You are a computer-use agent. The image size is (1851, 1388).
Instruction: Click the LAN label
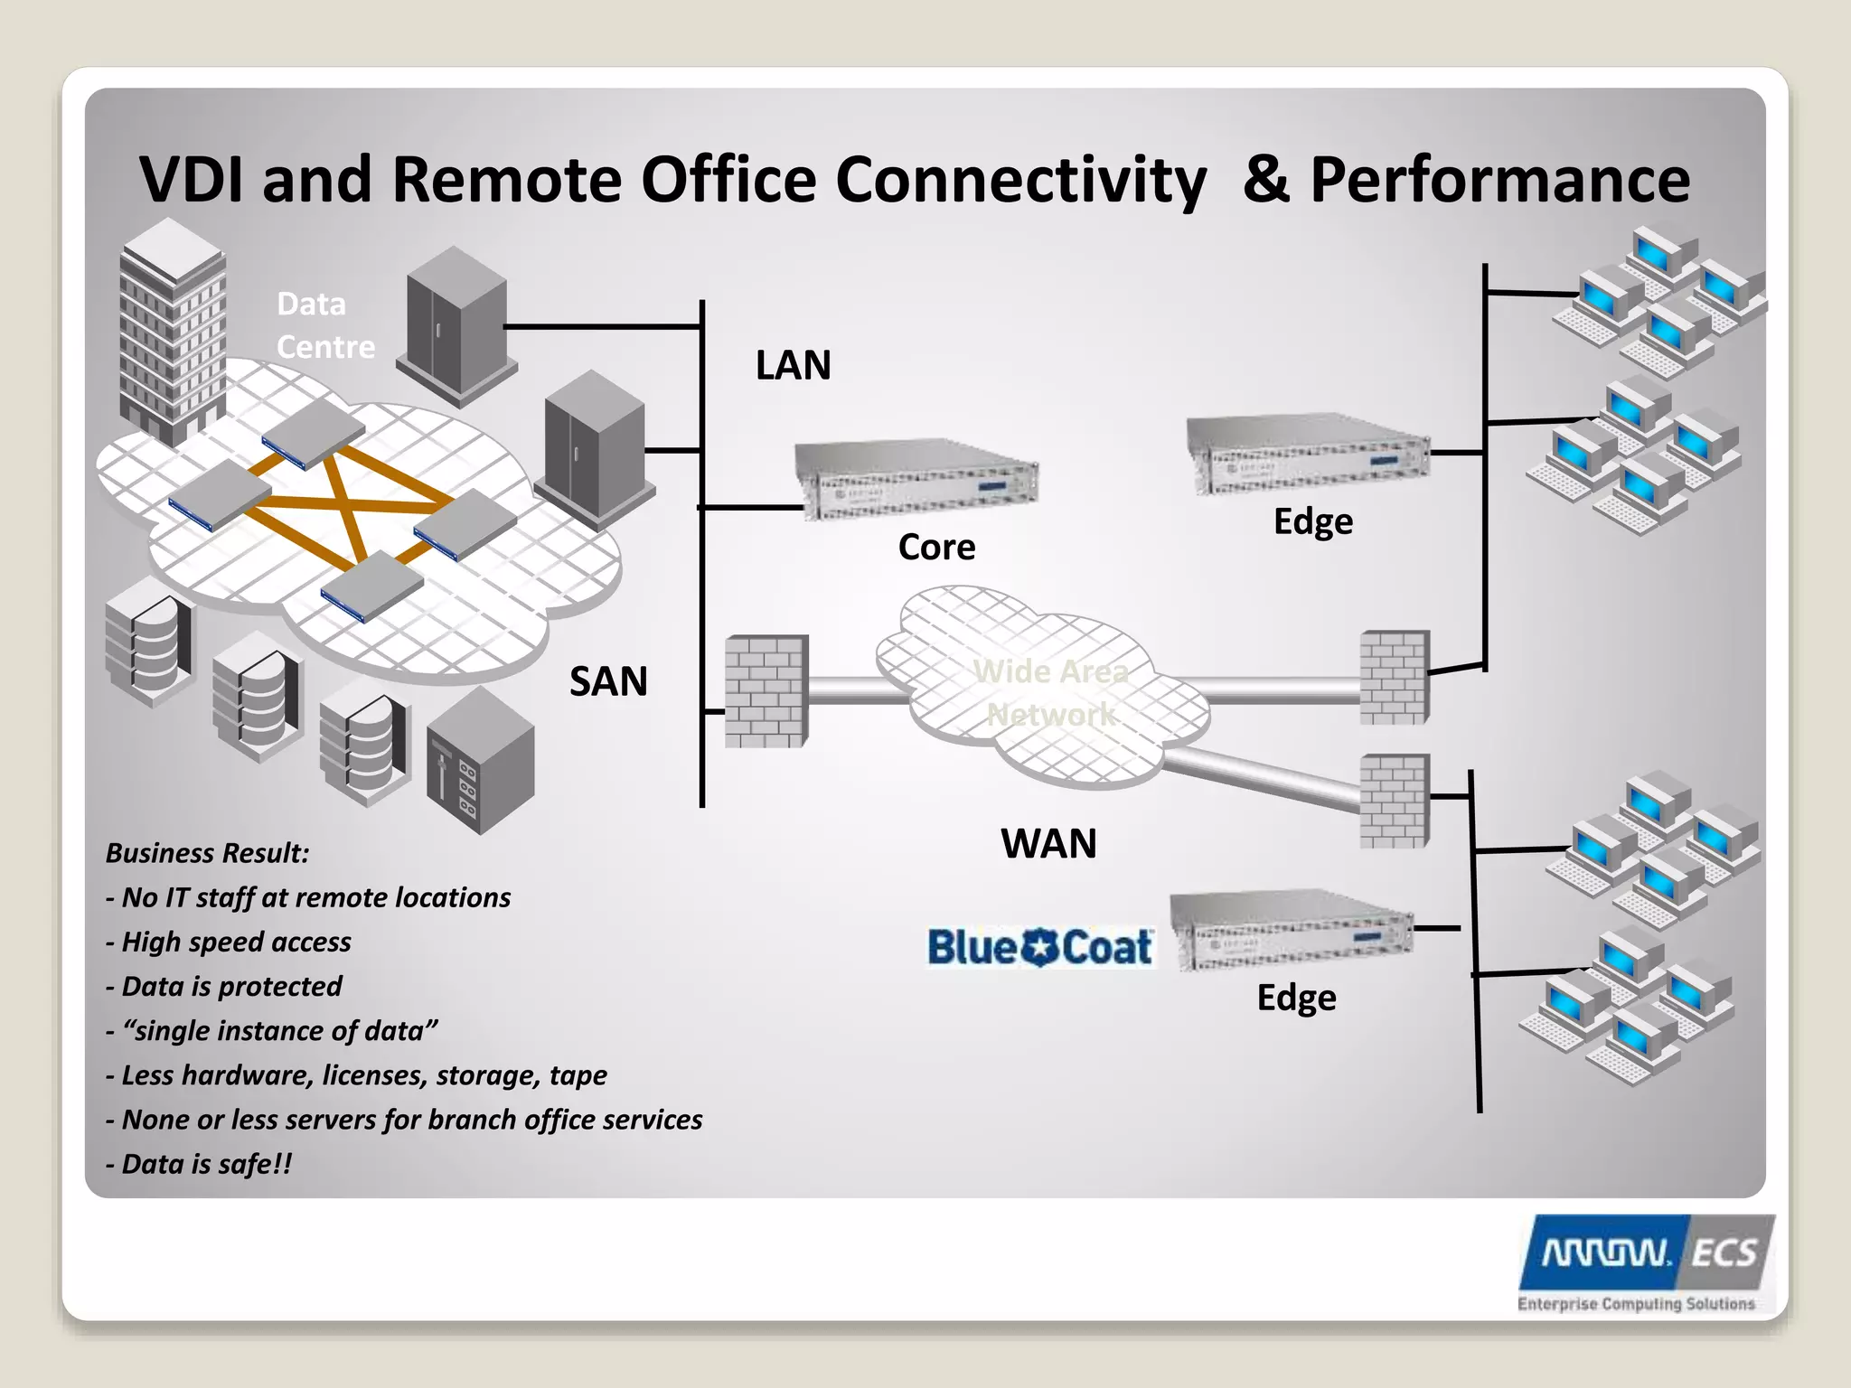click(x=793, y=366)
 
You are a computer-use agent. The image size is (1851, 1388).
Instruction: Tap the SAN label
click(x=608, y=681)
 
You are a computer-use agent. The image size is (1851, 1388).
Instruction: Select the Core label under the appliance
click(x=936, y=548)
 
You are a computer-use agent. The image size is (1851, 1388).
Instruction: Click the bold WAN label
click(x=1048, y=844)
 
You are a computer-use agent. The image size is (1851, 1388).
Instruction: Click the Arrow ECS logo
click(x=1645, y=1261)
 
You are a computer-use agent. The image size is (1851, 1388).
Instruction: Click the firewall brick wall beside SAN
click(x=766, y=690)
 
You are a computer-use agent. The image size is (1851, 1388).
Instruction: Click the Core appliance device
click(x=917, y=480)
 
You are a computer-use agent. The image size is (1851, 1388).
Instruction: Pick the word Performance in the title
click(x=1499, y=180)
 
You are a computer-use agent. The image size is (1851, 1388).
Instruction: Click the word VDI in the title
click(x=192, y=180)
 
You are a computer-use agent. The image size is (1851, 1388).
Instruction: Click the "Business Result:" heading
click(x=207, y=853)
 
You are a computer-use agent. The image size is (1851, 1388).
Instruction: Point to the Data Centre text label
click(x=324, y=325)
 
